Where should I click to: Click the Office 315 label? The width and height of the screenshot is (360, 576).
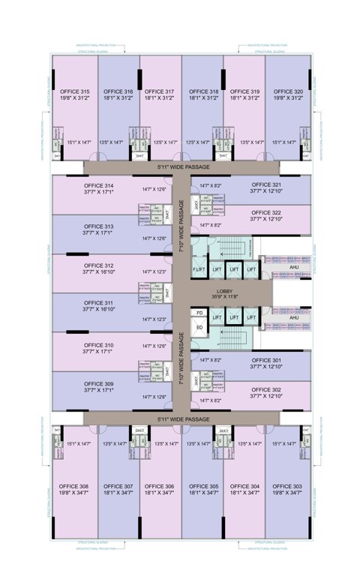[74, 91]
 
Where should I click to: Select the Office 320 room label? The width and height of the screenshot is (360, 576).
[288, 91]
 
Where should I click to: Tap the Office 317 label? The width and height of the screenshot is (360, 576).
[160, 91]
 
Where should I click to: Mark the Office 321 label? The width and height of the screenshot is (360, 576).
[266, 184]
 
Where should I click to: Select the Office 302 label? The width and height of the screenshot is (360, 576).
[266, 390]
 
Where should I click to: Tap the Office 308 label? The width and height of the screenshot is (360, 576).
[74, 486]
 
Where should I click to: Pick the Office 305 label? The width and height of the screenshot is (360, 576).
[202, 486]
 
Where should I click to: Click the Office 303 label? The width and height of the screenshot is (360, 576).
[288, 486]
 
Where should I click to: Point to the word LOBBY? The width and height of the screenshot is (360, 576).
[226, 291]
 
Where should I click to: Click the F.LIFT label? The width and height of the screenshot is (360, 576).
[199, 269]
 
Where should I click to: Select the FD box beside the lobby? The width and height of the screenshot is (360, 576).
[199, 312]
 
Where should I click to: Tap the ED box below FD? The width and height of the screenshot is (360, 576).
[199, 327]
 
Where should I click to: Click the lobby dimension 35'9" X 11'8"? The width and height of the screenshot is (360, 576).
[226, 297]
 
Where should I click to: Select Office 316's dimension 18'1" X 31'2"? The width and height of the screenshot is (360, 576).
[117, 97]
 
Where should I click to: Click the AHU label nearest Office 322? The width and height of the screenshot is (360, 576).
[294, 267]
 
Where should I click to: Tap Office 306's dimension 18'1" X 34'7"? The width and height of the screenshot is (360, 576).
[160, 493]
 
